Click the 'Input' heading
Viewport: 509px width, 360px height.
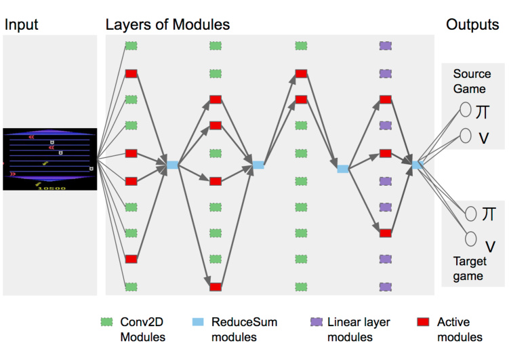click(22, 25)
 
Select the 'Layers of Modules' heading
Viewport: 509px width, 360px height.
click(167, 25)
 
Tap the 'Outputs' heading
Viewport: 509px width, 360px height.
click(472, 25)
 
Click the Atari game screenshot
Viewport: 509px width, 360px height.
click(50, 159)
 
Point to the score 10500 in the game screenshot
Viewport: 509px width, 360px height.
click(52, 187)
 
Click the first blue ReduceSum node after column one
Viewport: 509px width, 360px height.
click(172, 165)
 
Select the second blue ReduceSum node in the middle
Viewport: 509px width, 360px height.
click(258, 165)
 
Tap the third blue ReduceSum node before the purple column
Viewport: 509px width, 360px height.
click(343, 169)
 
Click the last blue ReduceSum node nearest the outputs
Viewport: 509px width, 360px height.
click(417, 165)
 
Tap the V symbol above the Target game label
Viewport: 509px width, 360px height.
click(489, 244)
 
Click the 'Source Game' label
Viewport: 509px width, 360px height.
click(469, 81)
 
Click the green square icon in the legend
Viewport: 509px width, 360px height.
click(105, 323)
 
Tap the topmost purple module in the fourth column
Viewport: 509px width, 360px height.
click(386, 46)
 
